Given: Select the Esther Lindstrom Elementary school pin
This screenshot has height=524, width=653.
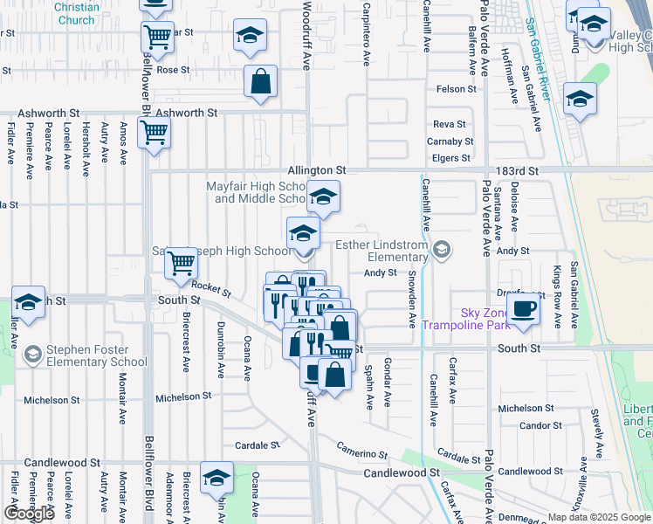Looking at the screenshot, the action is coord(443,251).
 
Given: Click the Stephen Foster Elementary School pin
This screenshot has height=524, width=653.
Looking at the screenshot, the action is coord(32,354).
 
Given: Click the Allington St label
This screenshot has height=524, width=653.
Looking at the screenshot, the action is coord(318,169).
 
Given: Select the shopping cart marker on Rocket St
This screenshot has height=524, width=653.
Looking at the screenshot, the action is coord(181,261).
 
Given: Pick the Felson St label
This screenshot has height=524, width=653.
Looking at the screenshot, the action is coord(457,89).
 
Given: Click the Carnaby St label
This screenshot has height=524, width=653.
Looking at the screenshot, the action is coord(450,141).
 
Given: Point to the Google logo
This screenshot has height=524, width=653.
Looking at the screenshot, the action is coord(29,514).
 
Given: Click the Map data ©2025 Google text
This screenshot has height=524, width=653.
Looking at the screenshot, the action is coord(599,517).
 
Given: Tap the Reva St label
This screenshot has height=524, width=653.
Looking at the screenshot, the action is coord(450,125).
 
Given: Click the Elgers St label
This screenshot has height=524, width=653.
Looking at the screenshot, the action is coord(451,158).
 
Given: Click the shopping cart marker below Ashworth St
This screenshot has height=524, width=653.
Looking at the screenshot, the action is coord(154,133).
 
